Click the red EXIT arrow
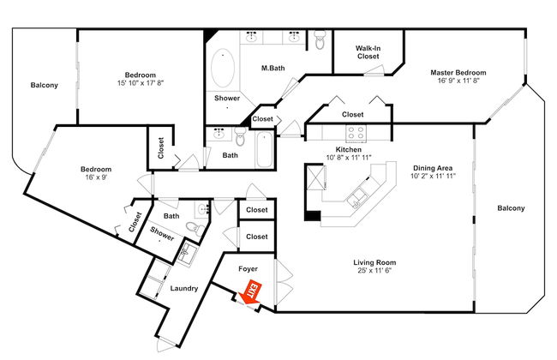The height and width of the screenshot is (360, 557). coord(250,293)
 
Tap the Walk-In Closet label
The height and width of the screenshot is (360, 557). coord(368,52)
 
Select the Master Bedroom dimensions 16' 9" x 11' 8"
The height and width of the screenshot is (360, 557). coord(458,81)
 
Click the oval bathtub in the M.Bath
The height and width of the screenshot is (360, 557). coord(223,68)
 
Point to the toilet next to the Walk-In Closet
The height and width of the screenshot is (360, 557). coord(320,39)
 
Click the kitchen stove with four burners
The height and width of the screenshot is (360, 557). coord(356,133)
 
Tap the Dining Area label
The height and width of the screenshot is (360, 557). coord(433,168)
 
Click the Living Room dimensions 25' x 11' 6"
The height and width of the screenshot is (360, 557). coord(374,271)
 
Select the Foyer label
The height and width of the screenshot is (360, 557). coord(248,269)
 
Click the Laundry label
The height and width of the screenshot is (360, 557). coord(183,288)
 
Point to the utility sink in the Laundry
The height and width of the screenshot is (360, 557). coord(185,253)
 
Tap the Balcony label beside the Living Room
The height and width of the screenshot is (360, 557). coord(511,208)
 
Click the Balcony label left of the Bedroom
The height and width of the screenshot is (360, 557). coord(44,86)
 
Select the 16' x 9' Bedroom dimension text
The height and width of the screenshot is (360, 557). coord(96,177)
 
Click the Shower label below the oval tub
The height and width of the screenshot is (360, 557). coord(227,98)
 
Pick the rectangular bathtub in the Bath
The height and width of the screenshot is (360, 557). coord(264,150)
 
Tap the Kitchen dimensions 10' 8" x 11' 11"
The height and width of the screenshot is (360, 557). coord(349,158)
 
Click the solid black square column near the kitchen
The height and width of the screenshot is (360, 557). coord(313,216)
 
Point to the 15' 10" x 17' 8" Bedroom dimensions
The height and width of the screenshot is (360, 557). coord(141,83)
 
